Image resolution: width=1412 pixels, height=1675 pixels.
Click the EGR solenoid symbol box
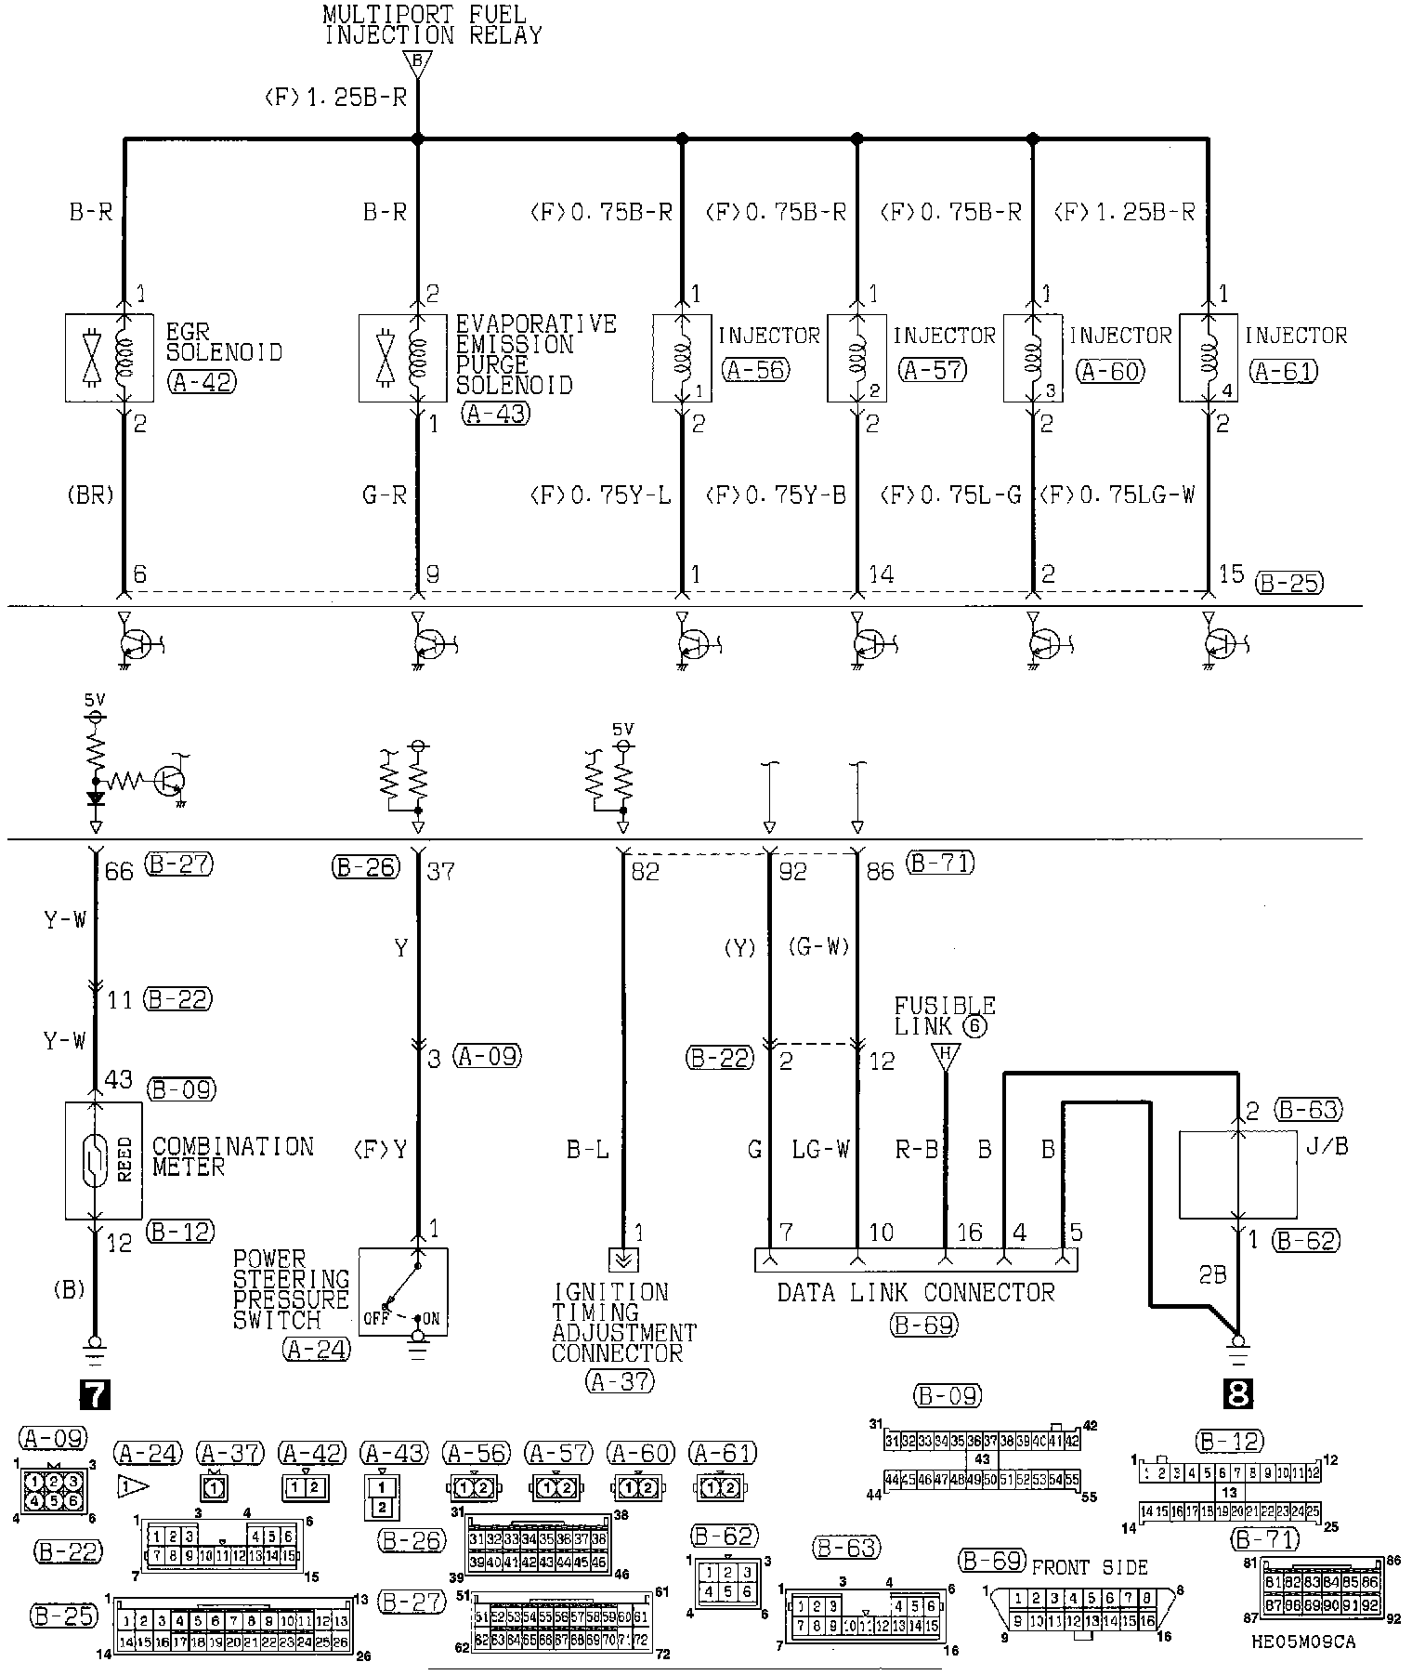[109, 358]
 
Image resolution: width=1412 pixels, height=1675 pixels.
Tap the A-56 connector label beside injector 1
[755, 370]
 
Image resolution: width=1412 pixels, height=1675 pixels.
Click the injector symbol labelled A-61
[1208, 358]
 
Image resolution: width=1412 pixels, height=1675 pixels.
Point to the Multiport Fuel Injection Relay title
[432, 25]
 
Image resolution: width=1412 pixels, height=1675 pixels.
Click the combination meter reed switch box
[103, 1160]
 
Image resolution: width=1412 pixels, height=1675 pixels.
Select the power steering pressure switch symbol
[403, 1291]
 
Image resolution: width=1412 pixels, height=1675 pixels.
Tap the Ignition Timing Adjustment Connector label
[622, 1322]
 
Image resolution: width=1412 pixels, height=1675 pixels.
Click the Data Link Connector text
[915, 1293]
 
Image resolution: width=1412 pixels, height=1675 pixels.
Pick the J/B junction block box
[1237, 1174]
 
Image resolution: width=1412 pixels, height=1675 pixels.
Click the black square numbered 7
[96, 1394]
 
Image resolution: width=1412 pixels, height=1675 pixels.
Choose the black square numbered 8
[1239, 1394]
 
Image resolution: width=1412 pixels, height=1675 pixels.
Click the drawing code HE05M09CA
[1302, 1642]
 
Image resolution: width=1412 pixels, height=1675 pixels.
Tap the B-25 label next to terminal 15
[1288, 583]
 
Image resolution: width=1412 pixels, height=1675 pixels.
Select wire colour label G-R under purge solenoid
[385, 495]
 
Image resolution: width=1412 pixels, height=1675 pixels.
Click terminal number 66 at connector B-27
[120, 871]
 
